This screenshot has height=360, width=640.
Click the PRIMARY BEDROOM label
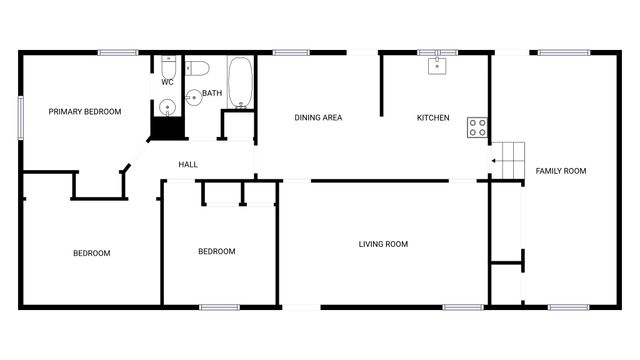pyautogui.click(x=85, y=112)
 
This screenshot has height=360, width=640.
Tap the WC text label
pyautogui.click(x=167, y=82)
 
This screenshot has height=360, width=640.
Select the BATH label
pyautogui.click(x=212, y=94)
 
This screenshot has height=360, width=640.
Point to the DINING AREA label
pyautogui.click(x=318, y=118)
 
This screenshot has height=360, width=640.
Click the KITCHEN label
pyautogui.click(x=433, y=118)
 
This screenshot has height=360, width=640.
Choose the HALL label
pyautogui.click(x=188, y=164)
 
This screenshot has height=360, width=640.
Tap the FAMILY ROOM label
pyautogui.click(x=560, y=171)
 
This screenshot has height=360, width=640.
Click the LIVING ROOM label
pyautogui.click(x=383, y=244)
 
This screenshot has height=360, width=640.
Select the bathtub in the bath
pyautogui.click(x=240, y=83)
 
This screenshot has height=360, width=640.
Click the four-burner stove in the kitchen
pyautogui.click(x=477, y=127)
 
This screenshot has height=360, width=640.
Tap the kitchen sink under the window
pyautogui.click(x=437, y=66)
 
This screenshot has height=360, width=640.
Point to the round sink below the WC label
pyautogui.click(x=167, y=103)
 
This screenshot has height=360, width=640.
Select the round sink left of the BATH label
pyautogui.click(x=192, y=97)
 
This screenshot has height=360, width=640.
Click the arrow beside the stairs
pyautogui.click(x=494, y=160)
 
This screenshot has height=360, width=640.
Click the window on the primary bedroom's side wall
pyautogui.click(x=20, y=118)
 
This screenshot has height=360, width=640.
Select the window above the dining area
pyautogui.click(x=289, y=52)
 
